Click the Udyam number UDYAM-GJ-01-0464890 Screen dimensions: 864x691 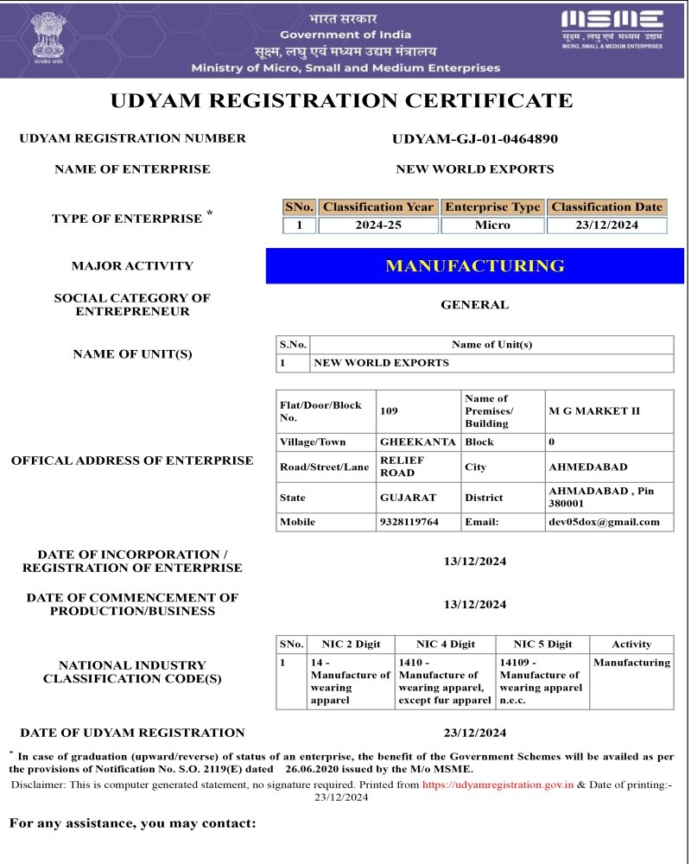click(475, 138)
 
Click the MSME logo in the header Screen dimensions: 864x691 click(612, 29)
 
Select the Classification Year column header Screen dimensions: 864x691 click(378, 207)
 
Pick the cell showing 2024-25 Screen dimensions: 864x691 click(378, 226)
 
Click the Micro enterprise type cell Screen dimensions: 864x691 click(492, 226)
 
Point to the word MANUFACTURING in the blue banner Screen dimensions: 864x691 click(475, 266)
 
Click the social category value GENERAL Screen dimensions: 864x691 click(475, 305)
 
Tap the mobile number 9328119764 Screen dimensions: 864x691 click(409, 522)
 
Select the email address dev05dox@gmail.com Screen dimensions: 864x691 click(605, 522)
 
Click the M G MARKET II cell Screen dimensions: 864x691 click(595, 411)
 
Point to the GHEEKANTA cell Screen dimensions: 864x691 click(418, 442)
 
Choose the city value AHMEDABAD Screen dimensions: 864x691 click(588, 467)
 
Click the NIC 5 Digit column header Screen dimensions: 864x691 click(542, 645)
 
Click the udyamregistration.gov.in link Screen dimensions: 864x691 click(498, 785)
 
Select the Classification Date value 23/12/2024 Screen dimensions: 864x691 click(607, 226)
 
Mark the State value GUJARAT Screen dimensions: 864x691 click(409, 498)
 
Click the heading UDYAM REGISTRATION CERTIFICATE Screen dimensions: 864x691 click(342, 101)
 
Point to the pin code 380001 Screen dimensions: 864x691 click(567, 503)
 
